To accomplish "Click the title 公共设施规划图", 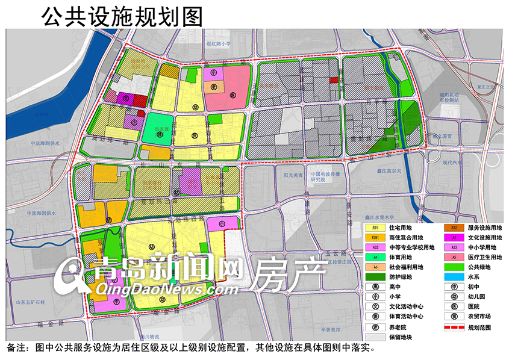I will point(121,16).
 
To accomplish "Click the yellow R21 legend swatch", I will point(375,228).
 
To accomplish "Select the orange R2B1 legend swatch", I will point(375,238).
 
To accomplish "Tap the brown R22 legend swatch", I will point(454,228).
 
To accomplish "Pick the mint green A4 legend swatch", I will point(375,257).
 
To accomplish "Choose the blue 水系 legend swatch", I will point(454,276).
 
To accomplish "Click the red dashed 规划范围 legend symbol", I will point(454,327).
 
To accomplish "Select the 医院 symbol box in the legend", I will point(454,306).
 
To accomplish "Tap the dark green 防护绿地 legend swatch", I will point(375,276).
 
